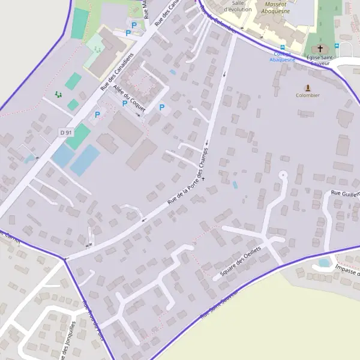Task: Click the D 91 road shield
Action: point(66,131)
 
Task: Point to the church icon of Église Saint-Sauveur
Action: point(320,49)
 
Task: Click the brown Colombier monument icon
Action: point(308,88)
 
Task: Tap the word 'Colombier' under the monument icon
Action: point(308,95)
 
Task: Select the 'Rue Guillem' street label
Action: point(345,193)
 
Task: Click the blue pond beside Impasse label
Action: point(325,262)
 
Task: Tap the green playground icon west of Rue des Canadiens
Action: point(58,94)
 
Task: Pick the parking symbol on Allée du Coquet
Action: point(125,104)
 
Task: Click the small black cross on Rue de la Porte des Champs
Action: point(203,179)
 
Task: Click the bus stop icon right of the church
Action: point(337,45)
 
